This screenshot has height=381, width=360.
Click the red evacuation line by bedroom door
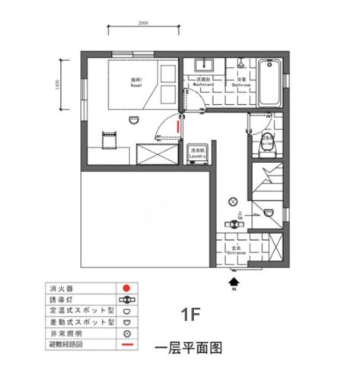coord(178,123)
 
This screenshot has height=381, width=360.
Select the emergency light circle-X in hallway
coord(232,200)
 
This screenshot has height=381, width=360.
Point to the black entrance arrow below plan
coord(234,282)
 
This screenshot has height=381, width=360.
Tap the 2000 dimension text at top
coord(143,24)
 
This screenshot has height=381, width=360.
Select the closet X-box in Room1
coord(155,152)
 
